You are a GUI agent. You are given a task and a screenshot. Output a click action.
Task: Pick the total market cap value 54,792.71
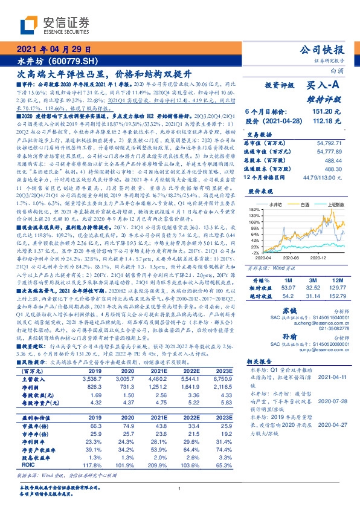333,141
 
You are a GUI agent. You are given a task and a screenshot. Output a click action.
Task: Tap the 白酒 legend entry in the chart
303,206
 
